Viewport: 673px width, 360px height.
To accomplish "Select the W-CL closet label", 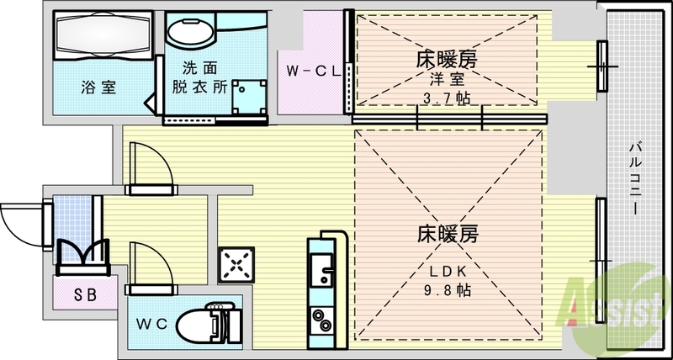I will coord(312,71).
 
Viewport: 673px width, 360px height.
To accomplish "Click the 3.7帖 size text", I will coord(446,98).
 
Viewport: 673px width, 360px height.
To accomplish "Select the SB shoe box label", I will coord(83,294).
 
